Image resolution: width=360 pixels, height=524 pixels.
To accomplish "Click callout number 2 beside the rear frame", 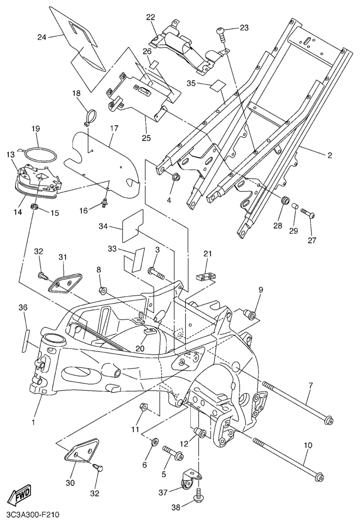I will click(329, 155).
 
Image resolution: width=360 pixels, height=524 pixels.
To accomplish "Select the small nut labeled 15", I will click(35, 208).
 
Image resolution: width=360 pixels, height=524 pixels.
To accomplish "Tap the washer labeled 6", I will click(154, 443).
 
